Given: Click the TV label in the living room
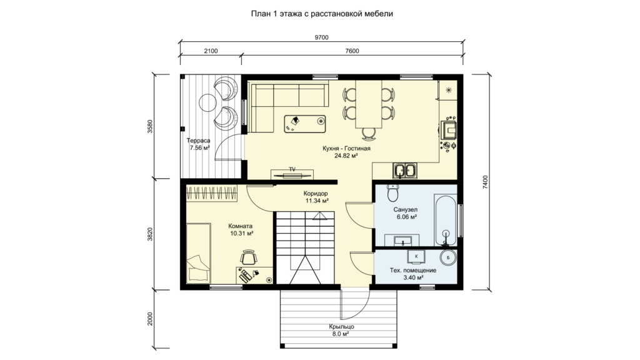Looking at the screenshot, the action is tap(292, 169).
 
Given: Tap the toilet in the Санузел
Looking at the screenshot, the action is tap(392, 193).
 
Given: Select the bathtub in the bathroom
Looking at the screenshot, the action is tap(446, 221).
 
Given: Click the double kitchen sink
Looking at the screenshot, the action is tap(404, 170).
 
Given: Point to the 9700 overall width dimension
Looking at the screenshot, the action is tap(322, 37).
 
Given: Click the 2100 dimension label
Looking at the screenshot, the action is tap(211, 51).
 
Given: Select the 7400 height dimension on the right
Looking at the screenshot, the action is tap(485, 182).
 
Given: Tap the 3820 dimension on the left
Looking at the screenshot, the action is tap(150, 234).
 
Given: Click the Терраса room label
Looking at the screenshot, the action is tap(199, 141).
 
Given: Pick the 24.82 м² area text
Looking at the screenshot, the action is tap(346, 156).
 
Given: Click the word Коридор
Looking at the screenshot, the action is tap(316, 194).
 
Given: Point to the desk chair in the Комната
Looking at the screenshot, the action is tap(249, 257).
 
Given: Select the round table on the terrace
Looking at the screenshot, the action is tap(207, 102).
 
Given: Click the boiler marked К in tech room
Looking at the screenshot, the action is tap(416, 256).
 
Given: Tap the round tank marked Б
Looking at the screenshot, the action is tap(448, 257).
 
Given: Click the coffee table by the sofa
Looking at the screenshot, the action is tap(305, 124).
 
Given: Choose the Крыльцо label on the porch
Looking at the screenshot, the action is tap(342, 326).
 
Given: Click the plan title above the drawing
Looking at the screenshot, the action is tap(322, 14).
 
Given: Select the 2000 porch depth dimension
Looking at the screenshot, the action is tap(150, 319).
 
